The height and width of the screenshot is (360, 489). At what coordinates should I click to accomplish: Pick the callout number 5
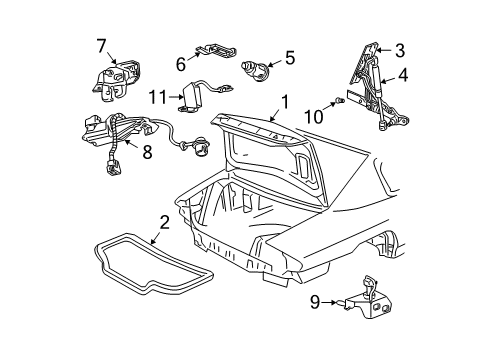(x=289, y=58)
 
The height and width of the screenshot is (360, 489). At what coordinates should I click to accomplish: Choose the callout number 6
(x=181, y=63)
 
